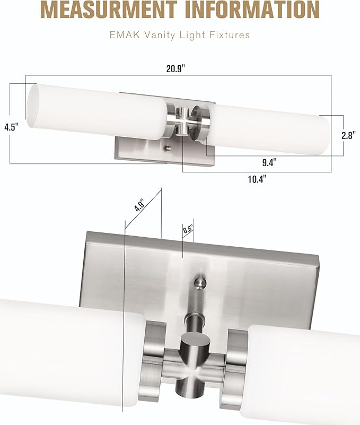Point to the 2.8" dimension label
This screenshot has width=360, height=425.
point(348,135)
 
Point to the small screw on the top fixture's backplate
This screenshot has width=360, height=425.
point(168,149)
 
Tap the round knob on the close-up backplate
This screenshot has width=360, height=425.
point(200,282)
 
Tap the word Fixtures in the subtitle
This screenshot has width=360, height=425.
point(230,35)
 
